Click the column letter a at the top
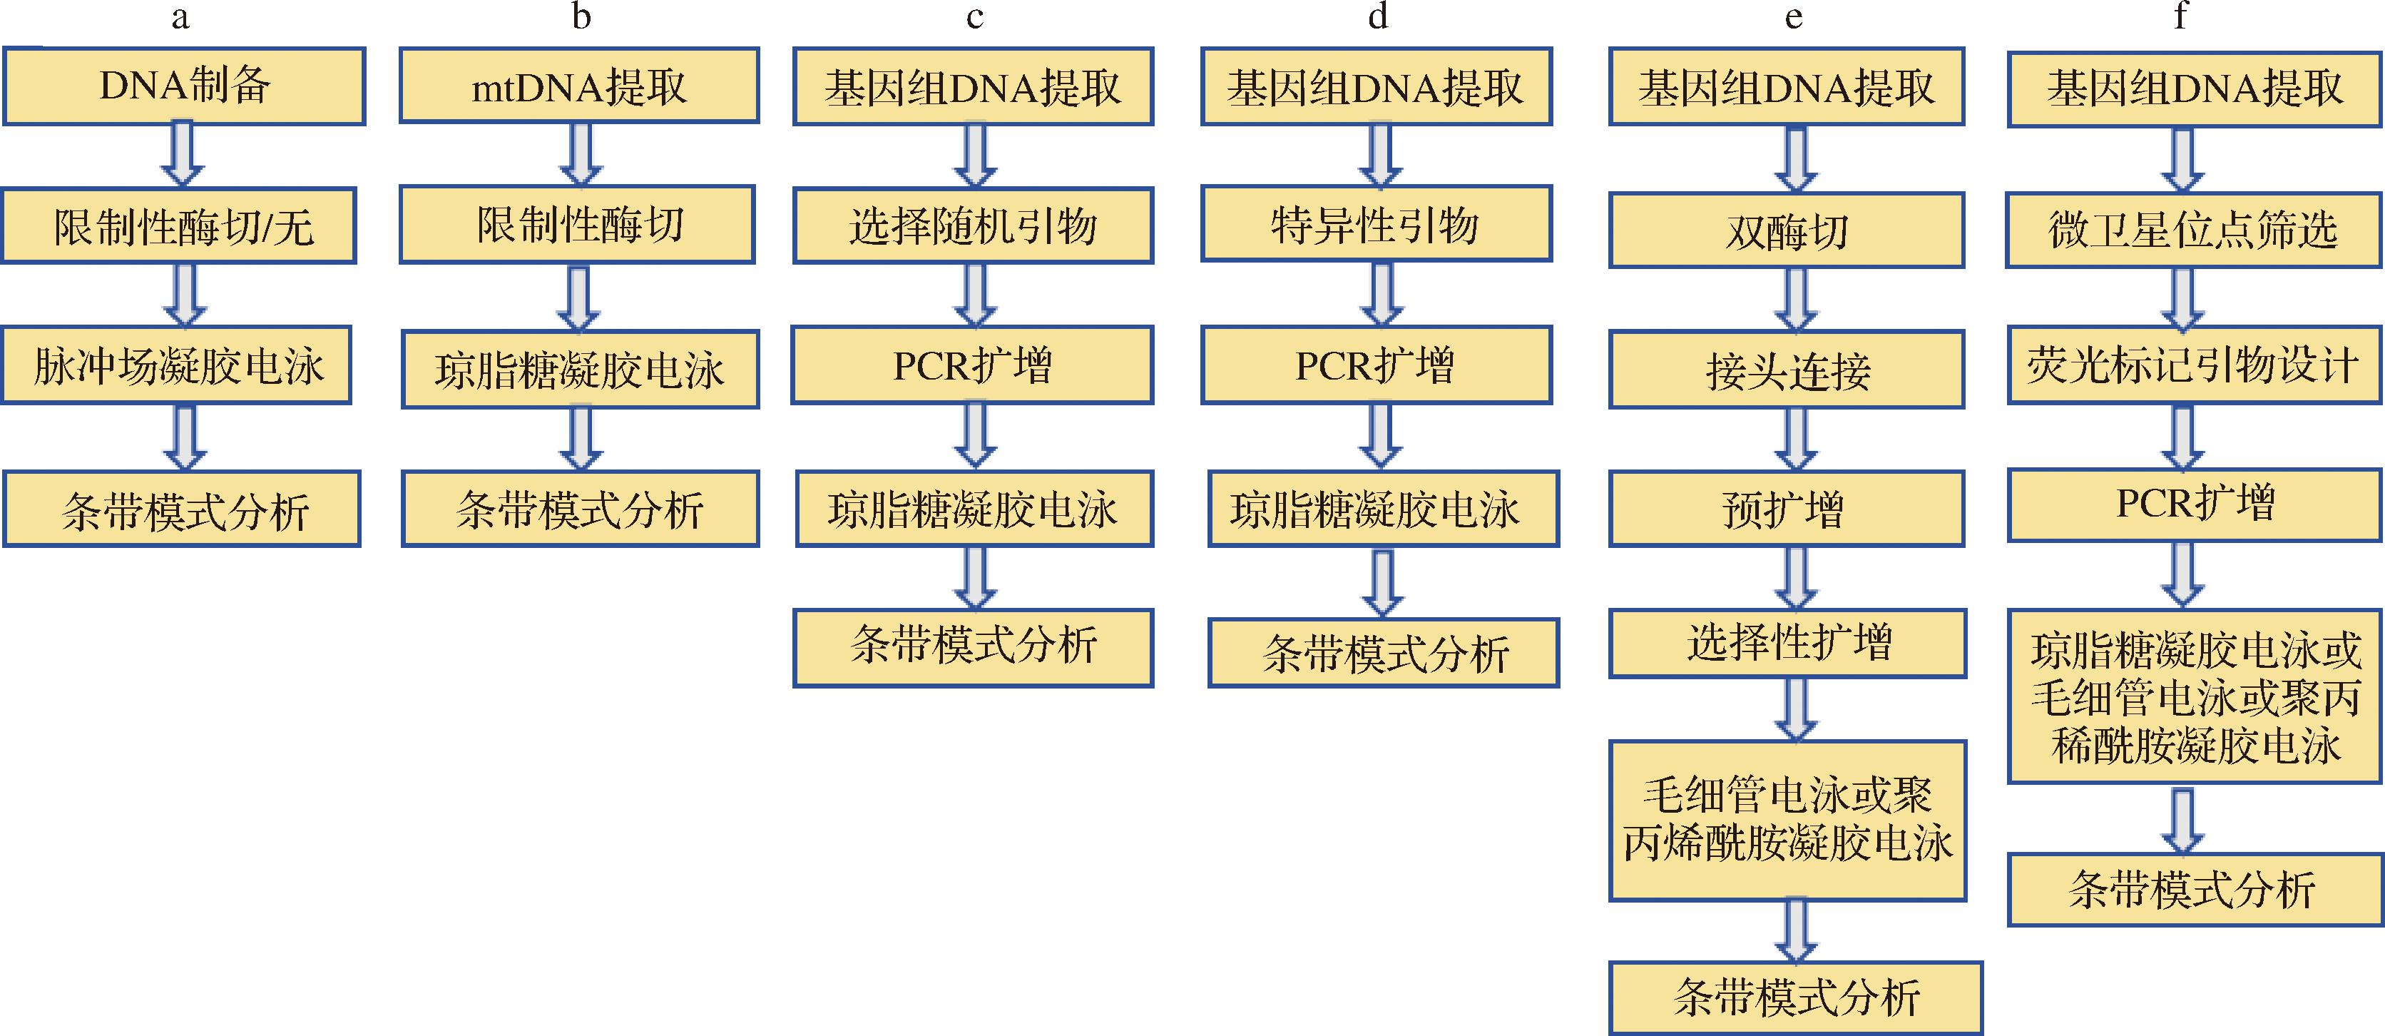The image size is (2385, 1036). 180,18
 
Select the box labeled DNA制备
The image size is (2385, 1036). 183,86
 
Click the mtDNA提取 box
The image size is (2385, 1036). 580,86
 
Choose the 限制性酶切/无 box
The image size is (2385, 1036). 179,226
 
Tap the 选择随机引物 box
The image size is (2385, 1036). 973,226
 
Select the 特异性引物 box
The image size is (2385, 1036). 1377,224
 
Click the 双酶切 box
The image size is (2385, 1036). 1787,230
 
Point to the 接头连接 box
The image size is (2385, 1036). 1787,370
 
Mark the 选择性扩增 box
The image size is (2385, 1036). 1787,643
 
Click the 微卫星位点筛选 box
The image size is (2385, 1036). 2193,230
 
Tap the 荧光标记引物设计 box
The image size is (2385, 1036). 2193,365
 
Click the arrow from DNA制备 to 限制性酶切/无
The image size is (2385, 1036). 183,156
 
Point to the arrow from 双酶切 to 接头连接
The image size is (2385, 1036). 1796,300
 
